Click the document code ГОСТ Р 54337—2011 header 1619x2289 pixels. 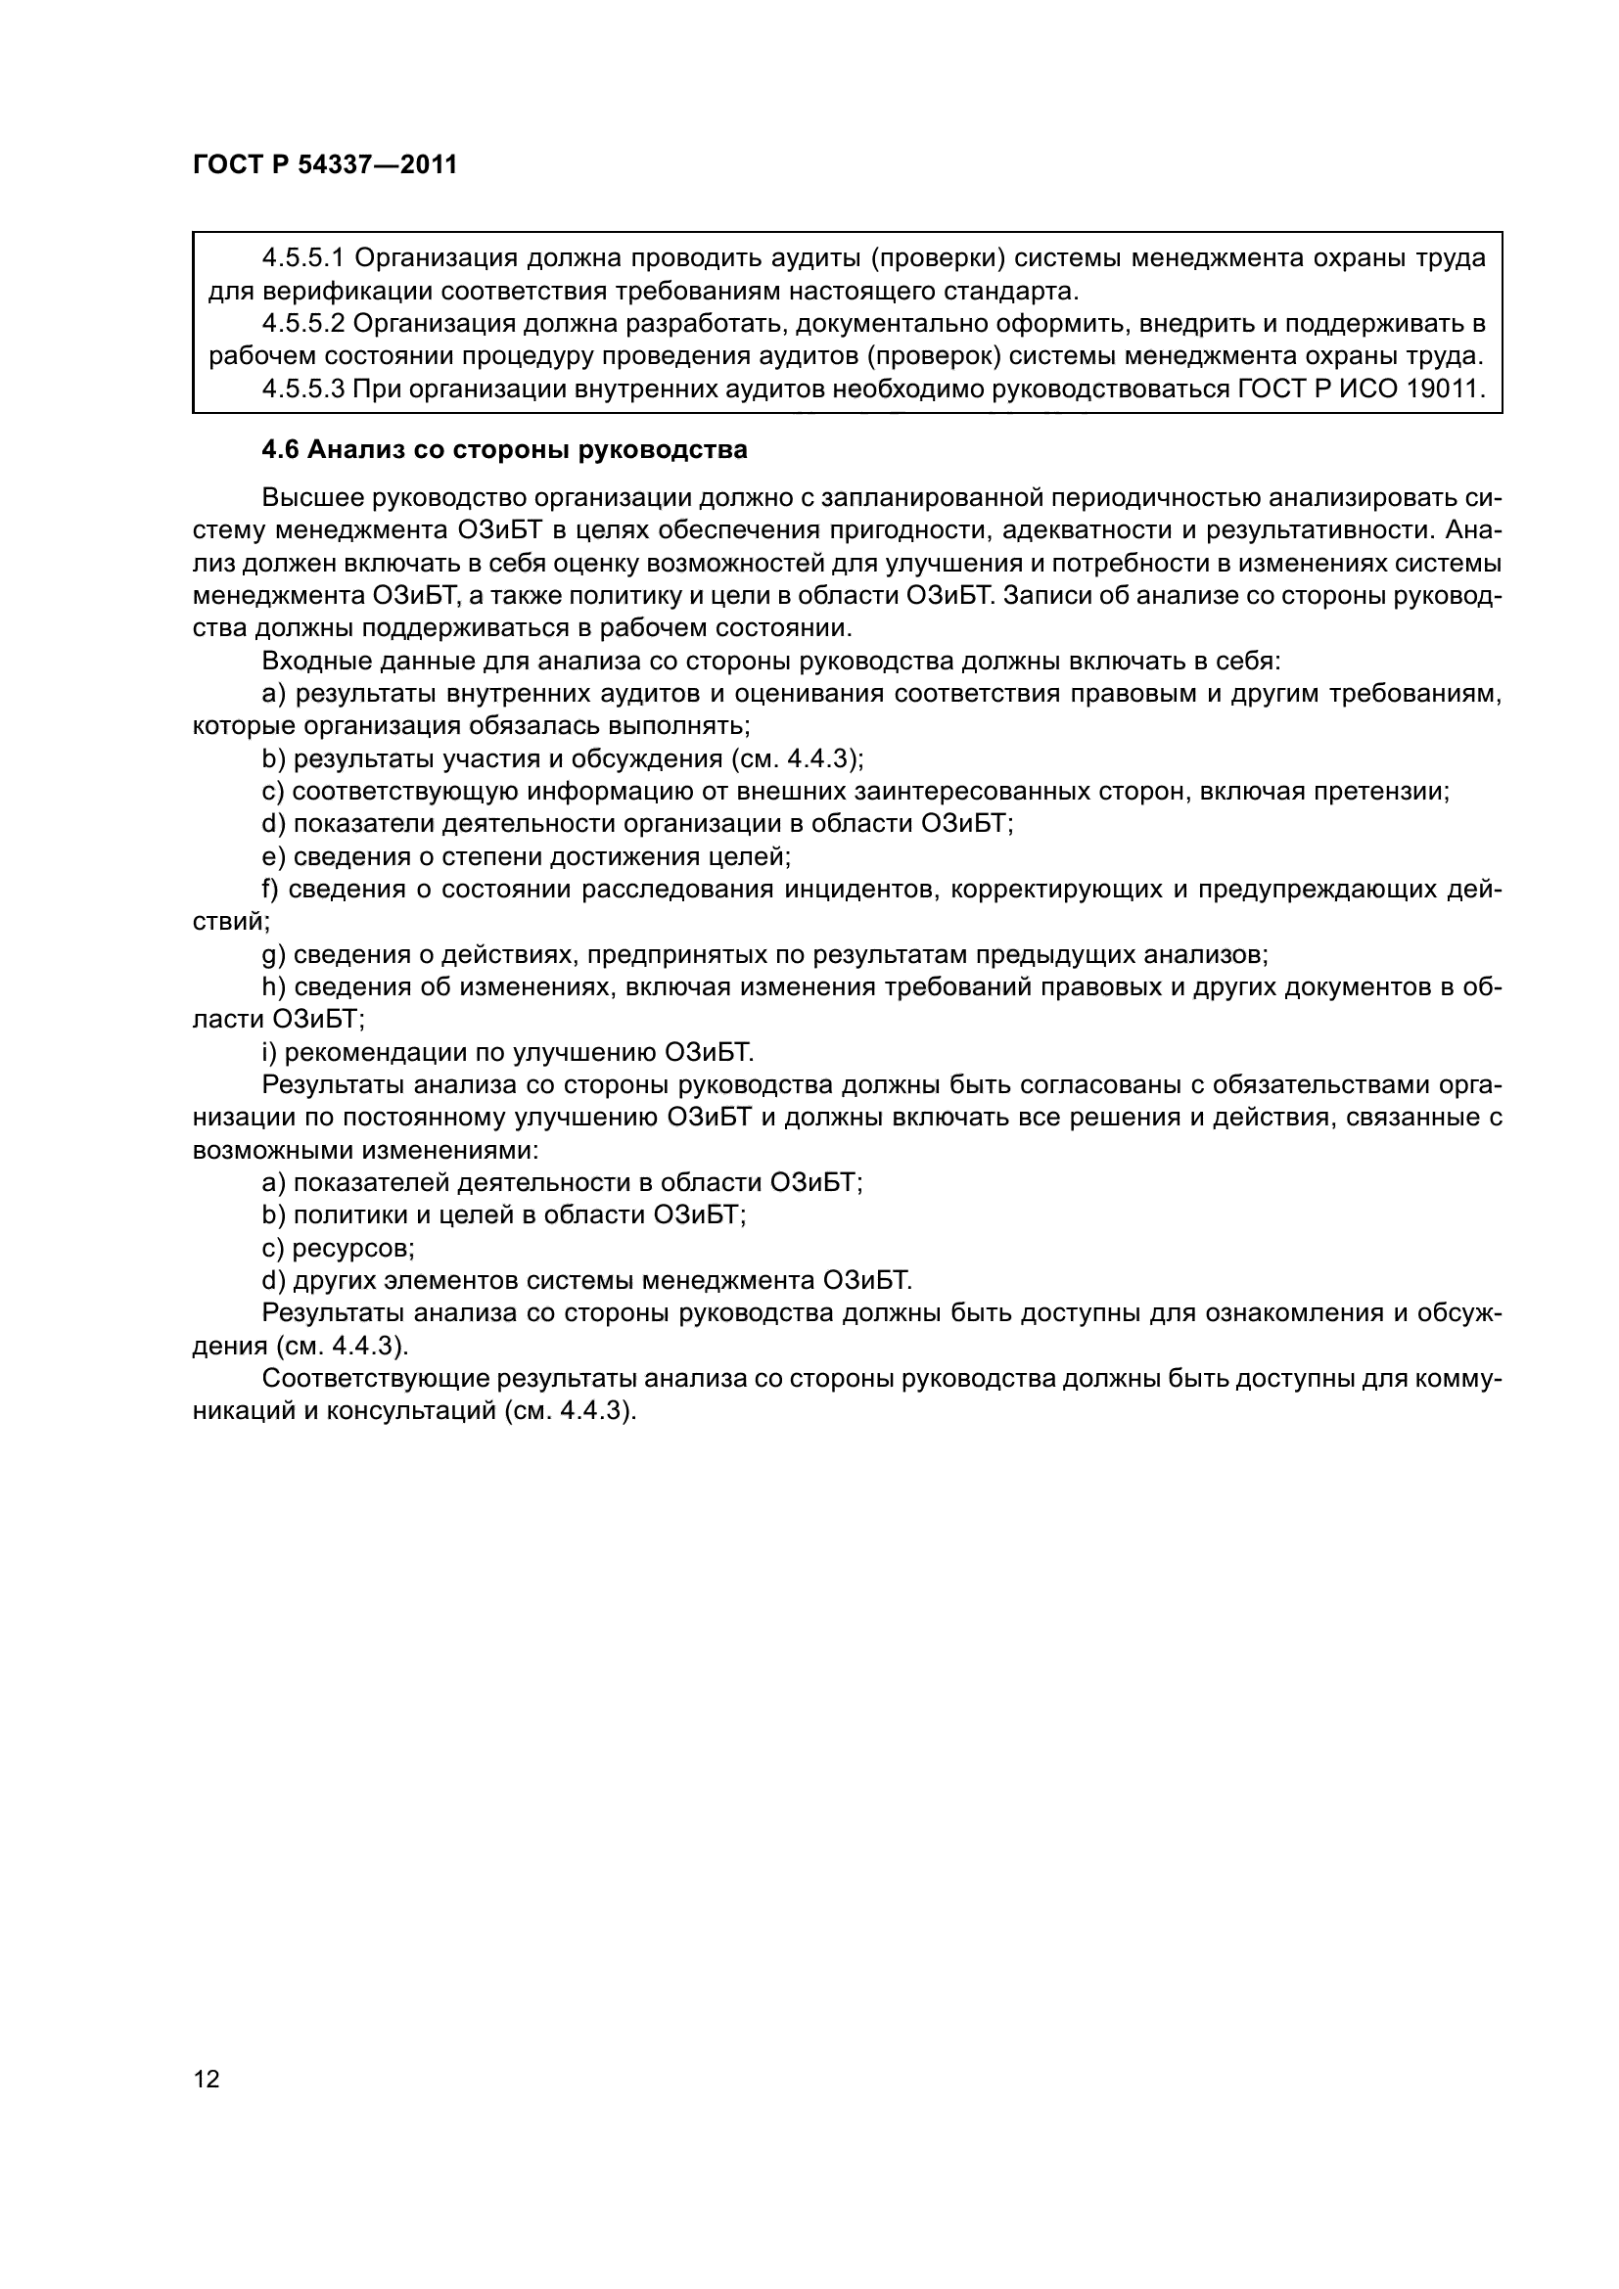[x=325, y=164]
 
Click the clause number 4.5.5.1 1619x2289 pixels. [x=303, y=258]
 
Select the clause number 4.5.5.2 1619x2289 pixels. [x=303, y=323]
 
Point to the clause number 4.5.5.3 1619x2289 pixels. [x=303, y=388]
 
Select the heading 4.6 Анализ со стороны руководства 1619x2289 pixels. [x=503, y=449]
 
